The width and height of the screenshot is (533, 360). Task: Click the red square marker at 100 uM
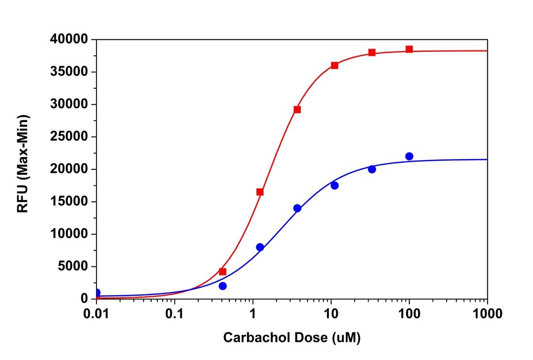click(409, 49)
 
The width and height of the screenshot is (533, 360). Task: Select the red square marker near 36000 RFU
click(334, 65)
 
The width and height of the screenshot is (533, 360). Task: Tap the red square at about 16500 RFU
click(260, 192)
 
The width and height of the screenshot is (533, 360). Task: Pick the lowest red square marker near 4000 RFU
click(223, 272)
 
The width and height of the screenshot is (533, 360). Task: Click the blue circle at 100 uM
click(409, 156)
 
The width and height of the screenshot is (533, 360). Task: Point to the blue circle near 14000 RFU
click(297, 208)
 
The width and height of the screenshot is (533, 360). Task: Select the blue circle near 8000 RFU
click(260, 247)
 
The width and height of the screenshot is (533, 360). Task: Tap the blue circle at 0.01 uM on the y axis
click(97, 293)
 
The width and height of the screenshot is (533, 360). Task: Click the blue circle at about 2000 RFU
click(223, 286)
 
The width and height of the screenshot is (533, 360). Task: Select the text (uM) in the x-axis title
click(346, 338)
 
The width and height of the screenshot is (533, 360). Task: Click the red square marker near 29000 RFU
click(297, 109)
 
